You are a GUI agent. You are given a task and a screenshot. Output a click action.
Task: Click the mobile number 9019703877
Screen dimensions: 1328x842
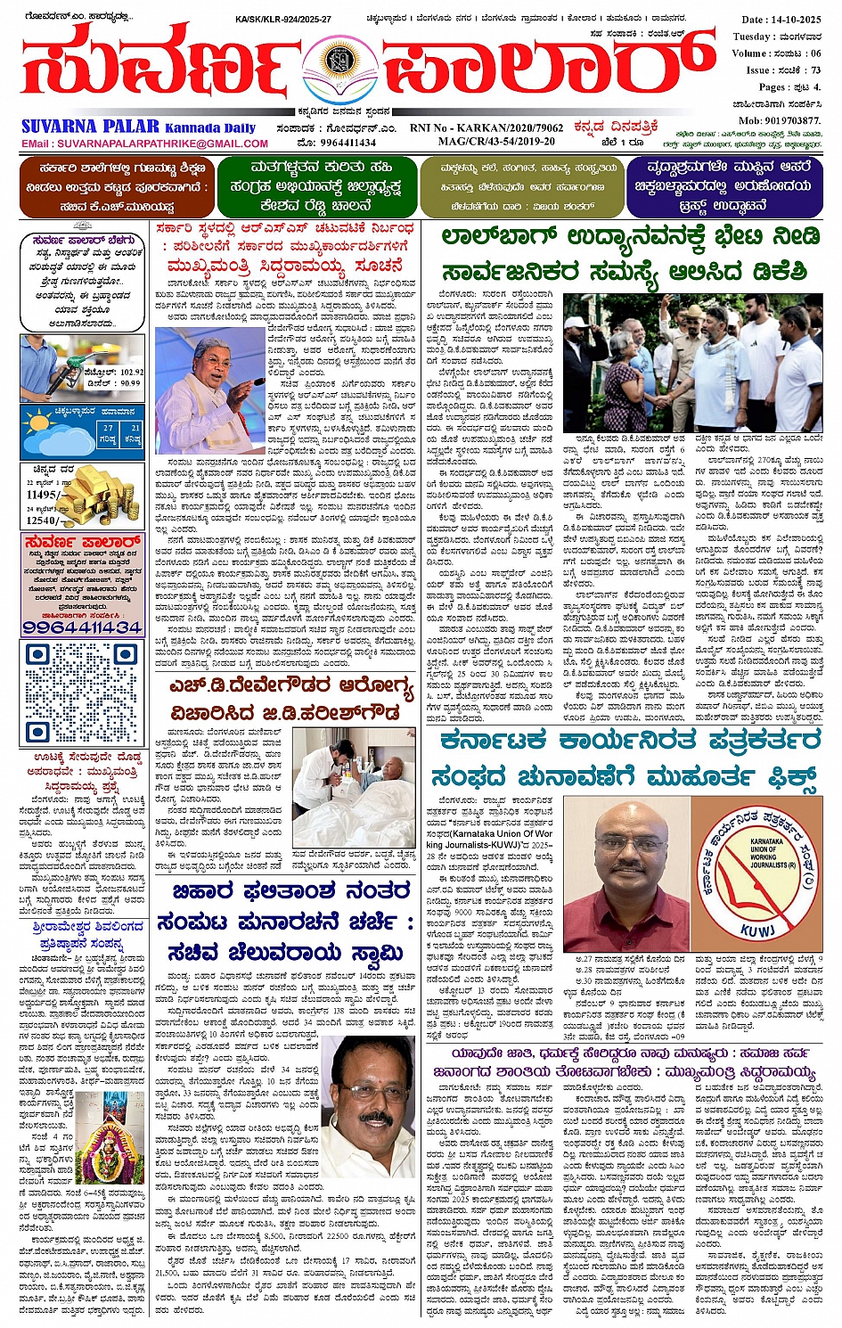click(780, 120)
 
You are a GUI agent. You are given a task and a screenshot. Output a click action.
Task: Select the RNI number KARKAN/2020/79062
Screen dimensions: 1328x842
click(511, 128)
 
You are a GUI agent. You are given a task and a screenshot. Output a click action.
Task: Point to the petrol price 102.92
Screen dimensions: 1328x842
click(126, 372)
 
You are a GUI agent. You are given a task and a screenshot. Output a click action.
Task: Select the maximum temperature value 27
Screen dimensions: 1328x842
click(107, 428)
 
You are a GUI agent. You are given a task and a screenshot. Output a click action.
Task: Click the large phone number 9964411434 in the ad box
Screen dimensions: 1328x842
click(82, 627)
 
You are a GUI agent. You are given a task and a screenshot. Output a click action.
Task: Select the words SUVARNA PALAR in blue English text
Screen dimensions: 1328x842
click(90, 127)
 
